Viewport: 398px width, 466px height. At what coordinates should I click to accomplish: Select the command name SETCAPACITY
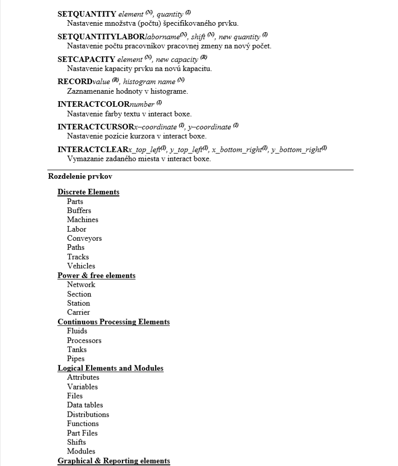(86, 59)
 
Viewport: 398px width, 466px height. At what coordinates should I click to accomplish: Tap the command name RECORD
(75, 81)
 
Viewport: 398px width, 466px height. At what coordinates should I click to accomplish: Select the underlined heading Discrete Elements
(88, 192)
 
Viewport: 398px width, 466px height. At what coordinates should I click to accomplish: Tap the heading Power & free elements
(96, 276)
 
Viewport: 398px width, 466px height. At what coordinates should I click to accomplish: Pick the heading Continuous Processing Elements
(113, 322)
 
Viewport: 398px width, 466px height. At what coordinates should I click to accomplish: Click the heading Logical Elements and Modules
(110, 368)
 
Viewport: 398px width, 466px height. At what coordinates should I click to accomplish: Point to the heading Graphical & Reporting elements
(113, 461)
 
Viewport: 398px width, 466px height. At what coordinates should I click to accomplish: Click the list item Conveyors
(84, 238)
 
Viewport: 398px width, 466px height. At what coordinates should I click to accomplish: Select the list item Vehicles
(81, 266)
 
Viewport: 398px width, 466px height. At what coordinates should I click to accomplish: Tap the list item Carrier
(78, 312)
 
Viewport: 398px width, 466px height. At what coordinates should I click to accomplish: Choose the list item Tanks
(77, 350)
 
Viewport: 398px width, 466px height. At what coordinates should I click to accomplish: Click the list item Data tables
(85, 405)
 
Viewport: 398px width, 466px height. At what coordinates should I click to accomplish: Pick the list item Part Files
(82, 433)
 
